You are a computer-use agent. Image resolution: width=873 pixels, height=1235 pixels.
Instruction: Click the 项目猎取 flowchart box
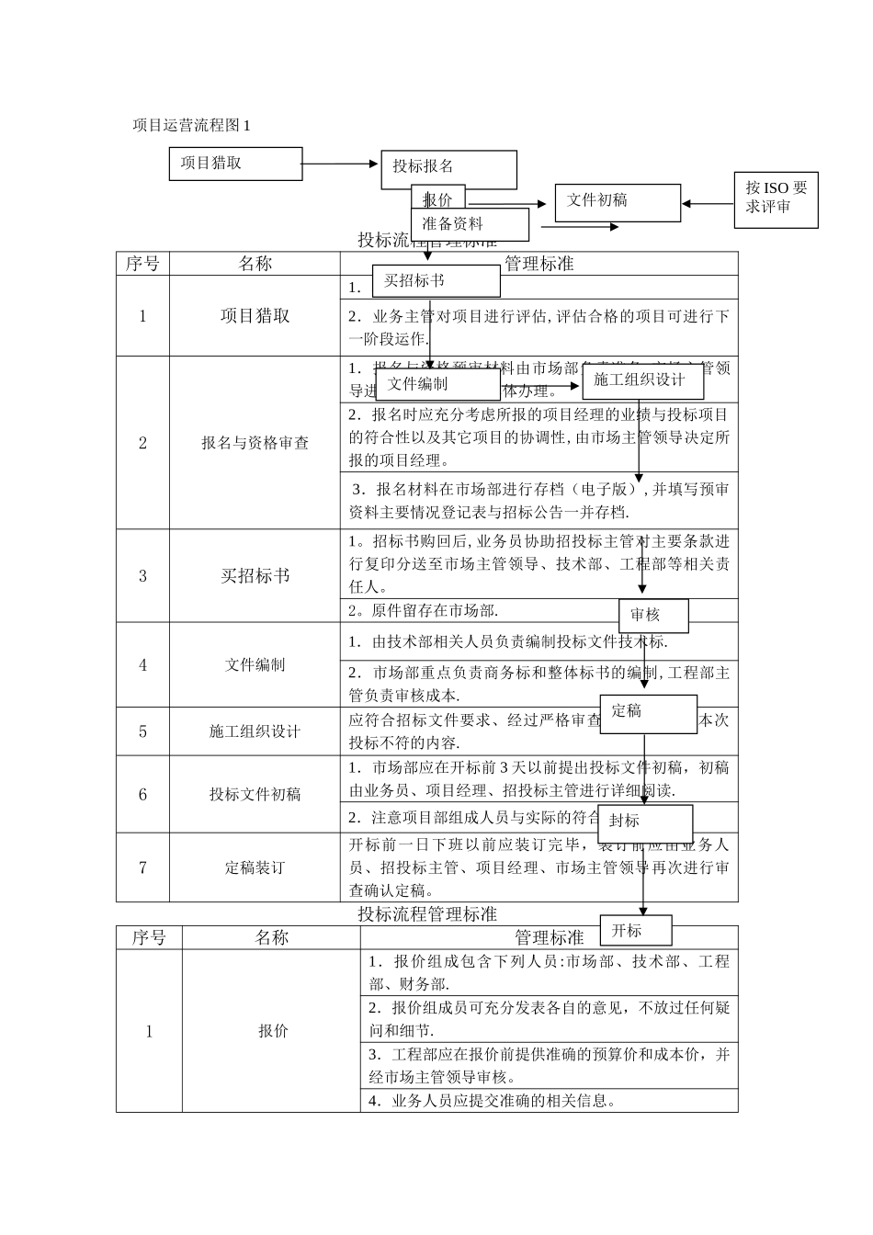point(235,164)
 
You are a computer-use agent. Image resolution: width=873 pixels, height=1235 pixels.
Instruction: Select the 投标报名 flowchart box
point(448,167)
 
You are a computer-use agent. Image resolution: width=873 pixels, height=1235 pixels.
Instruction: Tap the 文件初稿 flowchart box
point(618,202)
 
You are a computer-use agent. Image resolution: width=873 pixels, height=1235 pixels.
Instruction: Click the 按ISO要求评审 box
point(777,198)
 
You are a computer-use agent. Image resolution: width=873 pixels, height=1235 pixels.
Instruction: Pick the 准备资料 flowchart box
point(470,224)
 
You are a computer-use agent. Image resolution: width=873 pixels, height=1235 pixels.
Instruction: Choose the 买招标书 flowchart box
point(436,281)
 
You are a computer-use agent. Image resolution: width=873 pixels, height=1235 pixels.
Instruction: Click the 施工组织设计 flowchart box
point(642,380)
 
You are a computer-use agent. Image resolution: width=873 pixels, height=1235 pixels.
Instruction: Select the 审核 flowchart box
point(652,615)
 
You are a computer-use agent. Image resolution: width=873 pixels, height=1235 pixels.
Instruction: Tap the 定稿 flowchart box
point(648,713)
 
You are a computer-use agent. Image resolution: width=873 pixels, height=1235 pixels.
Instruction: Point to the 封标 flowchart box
point(645,821)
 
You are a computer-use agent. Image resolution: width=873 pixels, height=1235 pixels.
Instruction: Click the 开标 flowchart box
point(635,931)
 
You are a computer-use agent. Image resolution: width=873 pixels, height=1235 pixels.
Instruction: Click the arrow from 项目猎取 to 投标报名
point(340,164)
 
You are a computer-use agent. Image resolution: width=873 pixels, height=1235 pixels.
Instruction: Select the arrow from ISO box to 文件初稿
point(708,204)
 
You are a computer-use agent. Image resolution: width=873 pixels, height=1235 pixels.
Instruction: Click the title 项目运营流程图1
point(191,125)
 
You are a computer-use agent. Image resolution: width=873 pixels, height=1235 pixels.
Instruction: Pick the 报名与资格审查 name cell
point(255,443)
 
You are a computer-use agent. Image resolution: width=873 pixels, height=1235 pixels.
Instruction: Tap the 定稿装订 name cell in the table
point(255,867)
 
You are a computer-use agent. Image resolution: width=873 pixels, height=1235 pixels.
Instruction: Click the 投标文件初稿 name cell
point(255,795)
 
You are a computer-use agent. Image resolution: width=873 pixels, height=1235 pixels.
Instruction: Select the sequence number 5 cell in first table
point(142,731)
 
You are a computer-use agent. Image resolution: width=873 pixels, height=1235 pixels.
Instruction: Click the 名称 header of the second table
point(271,937)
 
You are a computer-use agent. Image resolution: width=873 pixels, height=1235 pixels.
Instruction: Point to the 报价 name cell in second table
point(271,1031)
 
